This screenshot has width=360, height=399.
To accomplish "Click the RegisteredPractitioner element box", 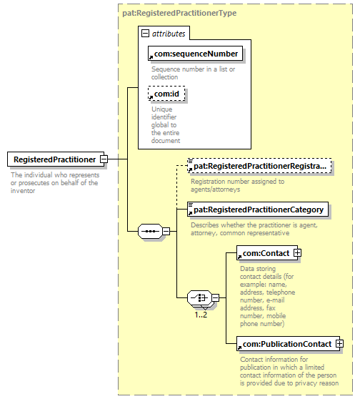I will pyautogui.click(x=53, y=159).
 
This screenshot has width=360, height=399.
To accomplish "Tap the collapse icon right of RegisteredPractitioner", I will pyautogui.click(x=104, y=159).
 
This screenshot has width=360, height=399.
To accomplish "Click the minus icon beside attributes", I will pyautogui.click(x=146, y=33).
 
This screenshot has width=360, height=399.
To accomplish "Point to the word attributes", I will pyautogui.click(x=169, y=33).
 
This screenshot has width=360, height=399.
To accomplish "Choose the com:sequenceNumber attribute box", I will pyautogui.click(x=194, y=54).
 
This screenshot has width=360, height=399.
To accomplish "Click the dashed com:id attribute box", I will pyautogui.click(x=166, y=93).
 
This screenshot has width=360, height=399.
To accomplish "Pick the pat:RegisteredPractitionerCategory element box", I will pyautogui.click(x=256, y=210).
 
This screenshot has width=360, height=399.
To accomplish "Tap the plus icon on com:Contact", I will pyautogui.click(x=297, y=253).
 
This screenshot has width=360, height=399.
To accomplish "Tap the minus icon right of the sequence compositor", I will pyautogui.click(x=166, y=231).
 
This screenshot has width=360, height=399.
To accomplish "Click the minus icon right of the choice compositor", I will pyautogui.click(x=214, y=298).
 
